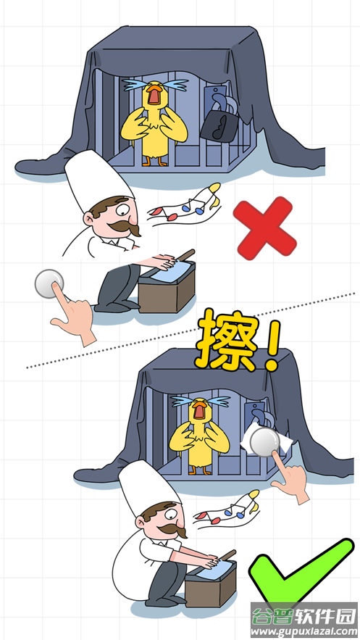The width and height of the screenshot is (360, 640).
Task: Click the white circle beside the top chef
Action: pyautogui.click(x=49, y=285)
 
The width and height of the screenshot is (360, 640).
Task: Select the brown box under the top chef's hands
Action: pyautogui.click(x=167, y=294)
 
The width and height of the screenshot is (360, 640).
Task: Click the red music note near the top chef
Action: pyautogui.click(x=172, y=215)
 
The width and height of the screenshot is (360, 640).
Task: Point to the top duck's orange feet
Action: pyautogui.click(x=154, y=162)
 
